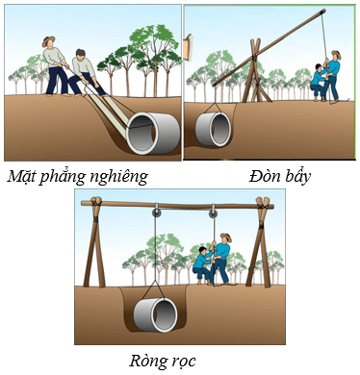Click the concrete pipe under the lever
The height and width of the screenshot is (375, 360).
[215, 128]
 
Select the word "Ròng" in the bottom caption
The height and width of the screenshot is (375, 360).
[147, 361]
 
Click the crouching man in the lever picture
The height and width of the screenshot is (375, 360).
[317, 81]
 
